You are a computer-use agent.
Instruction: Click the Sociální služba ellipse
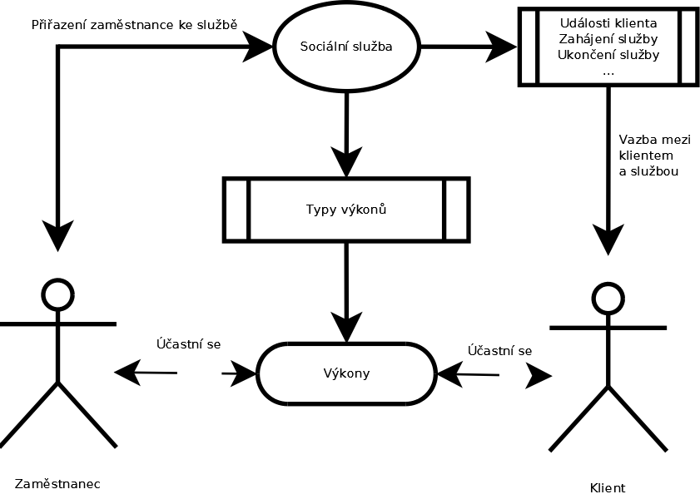coord(345,47)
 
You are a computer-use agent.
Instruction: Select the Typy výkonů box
coord(345,209)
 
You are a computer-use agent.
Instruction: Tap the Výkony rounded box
coord(345,373)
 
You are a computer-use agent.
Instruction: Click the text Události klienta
coord(608,22)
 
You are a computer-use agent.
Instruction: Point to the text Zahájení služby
coord(608,38)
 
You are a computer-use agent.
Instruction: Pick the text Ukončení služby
coord(608,55)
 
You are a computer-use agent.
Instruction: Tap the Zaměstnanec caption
coord(57,482)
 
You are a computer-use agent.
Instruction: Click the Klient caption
coord(607,488)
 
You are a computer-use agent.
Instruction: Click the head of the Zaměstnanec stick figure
coord(57,293)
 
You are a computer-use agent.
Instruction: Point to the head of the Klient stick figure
coord(607,298)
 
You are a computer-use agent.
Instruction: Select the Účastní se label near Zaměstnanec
coord(188,343)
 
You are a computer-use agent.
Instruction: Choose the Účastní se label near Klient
coord(499,350)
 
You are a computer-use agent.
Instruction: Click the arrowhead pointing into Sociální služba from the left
coord(257,47)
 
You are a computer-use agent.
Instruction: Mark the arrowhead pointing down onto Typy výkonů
coord(345,161)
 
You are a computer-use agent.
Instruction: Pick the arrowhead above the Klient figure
coord(607,239)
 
